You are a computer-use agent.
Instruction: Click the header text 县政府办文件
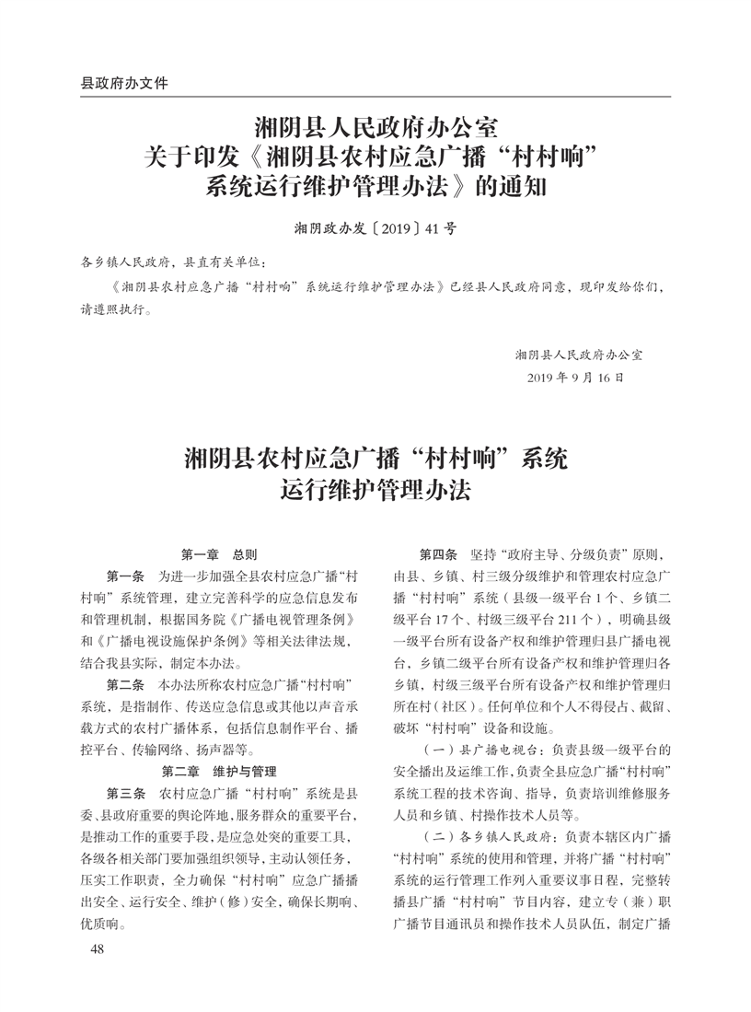pos(124,83)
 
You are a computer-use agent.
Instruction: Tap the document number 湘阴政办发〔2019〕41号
pos(375,227)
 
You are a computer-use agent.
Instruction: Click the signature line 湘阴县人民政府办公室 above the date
pos(579,354)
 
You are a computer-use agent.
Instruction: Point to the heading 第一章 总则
pos(219,555)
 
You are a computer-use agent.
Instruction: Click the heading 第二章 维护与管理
pos(219,771)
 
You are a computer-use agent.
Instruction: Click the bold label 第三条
pos(125,793)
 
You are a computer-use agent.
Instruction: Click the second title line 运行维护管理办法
pos(375,490)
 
